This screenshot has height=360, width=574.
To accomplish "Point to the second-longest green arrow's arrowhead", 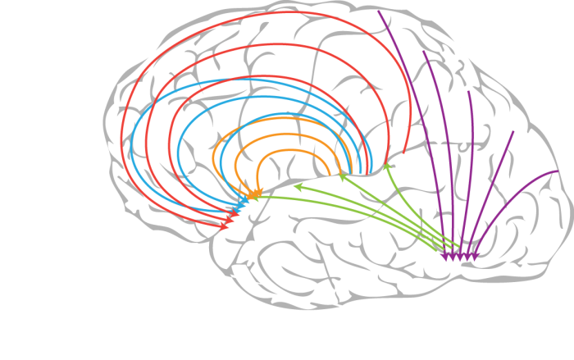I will [298, 187].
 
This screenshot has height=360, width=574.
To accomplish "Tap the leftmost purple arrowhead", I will [444, 257].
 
